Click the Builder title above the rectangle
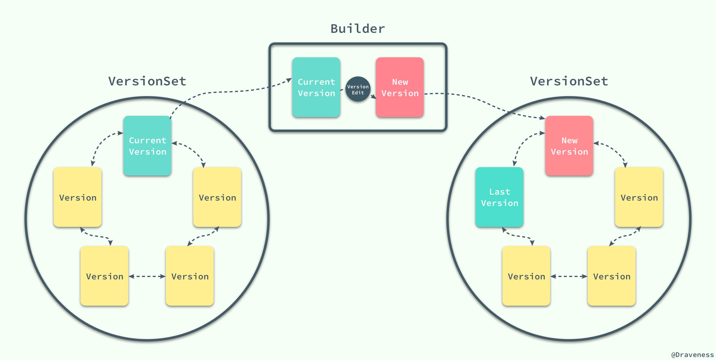(357, 29)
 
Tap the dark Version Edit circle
(358, 89)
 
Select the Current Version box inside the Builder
(316, 87)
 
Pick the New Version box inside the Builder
(399, 87)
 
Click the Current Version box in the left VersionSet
(147, 146)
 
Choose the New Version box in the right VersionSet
(569, 146)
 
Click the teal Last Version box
(499, 197)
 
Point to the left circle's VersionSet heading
(147, 81)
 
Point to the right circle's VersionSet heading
(569, 81)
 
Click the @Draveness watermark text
(692, 355)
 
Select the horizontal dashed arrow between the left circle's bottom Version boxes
(147, 276)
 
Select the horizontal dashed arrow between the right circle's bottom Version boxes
(569, 276)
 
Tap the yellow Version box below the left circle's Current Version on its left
(78, 197)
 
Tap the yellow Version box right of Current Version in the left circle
(217, 197)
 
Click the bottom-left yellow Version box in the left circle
(104, 276)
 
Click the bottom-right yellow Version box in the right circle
(611, 276)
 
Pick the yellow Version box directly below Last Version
(526, 276)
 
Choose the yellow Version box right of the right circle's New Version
(639, 197)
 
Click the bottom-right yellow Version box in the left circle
(190, 276)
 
